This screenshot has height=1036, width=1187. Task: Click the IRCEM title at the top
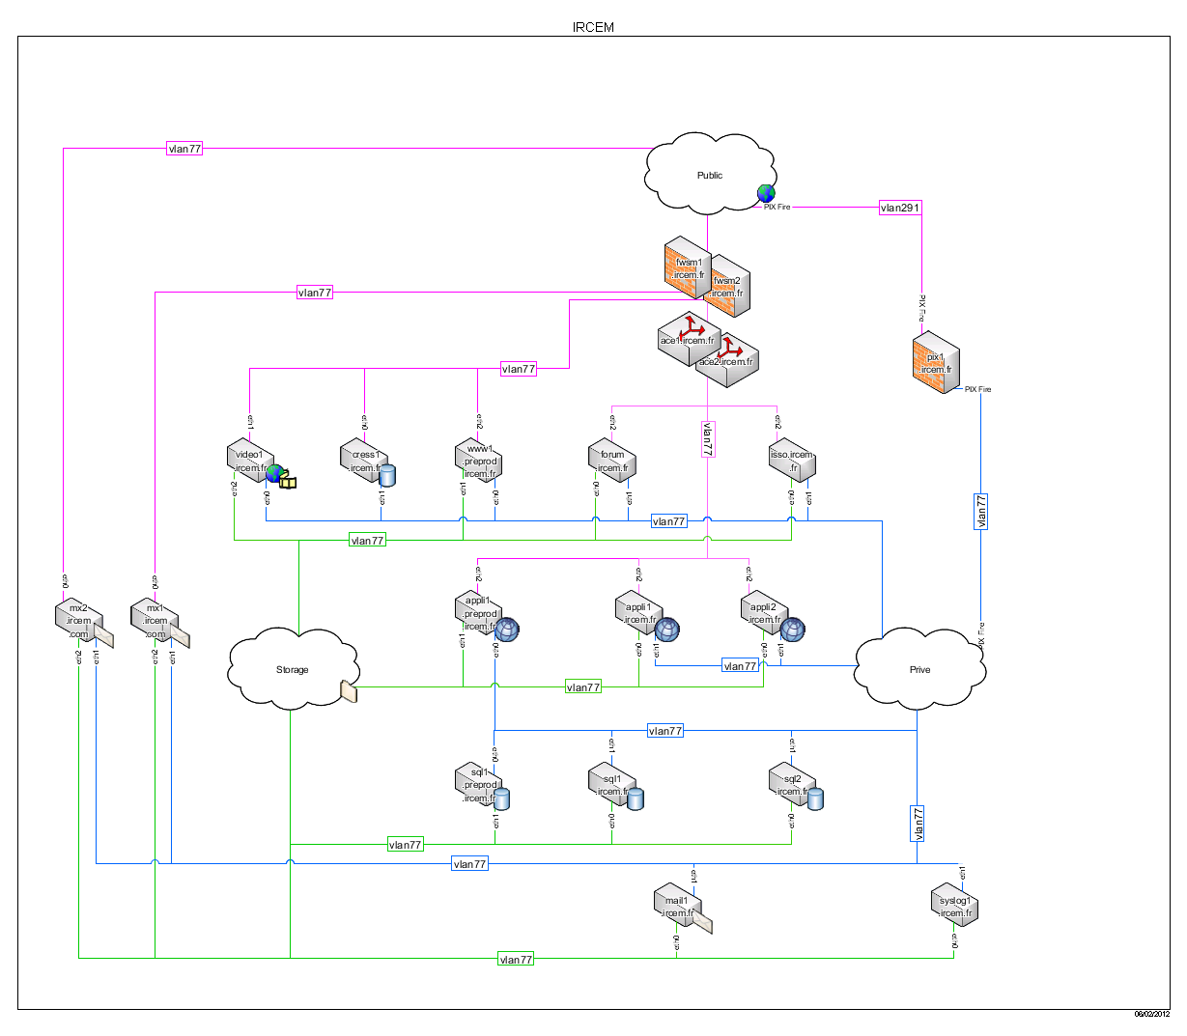click(x=593, y=27)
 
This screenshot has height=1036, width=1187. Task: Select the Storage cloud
click(x=292, y=669)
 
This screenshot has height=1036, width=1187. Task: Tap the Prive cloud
click(x=919, y=669)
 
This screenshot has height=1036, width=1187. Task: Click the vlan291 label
click(x=900, y=208)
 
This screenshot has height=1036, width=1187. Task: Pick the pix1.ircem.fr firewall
click(x=935, y=363)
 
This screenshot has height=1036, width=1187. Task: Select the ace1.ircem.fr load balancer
click(x=685, y=341)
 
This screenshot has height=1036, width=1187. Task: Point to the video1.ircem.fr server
click(x=248, y=461)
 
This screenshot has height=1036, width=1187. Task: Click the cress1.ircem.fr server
click(x=364, y=461)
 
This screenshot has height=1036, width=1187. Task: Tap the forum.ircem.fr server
click(x=611, y=461)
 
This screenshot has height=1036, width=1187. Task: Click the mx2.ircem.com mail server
click(x=78, y=620)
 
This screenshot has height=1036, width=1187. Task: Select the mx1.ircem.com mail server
click(x=155, y=620)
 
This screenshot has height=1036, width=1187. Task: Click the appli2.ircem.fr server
click(x=763, y=613)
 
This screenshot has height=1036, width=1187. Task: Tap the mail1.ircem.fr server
click(x=676, y=907)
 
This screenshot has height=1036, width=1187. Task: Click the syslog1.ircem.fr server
click(x=954, y=907)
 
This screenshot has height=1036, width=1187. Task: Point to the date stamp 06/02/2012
click(x=1151, y=1014)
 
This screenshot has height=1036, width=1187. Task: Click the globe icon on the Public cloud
click(x=766, y=193)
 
